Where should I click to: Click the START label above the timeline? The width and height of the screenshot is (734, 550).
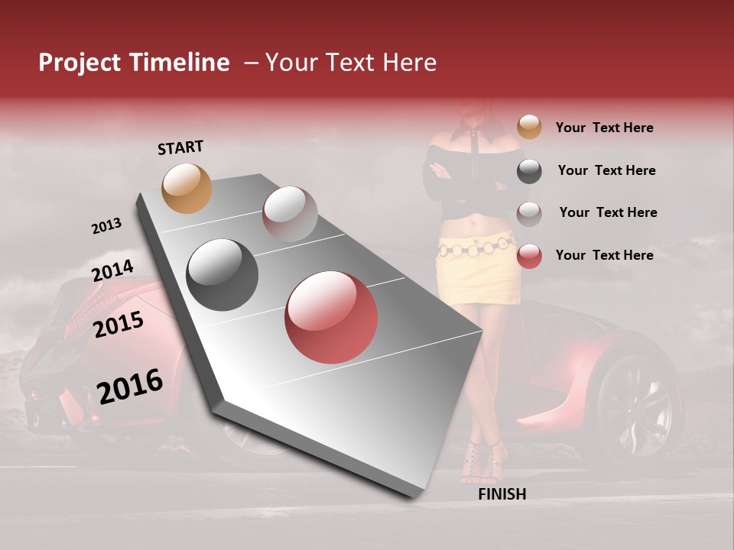(180, 147)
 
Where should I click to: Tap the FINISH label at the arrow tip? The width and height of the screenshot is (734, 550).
(502, 494)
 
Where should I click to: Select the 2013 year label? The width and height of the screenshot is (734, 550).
(106, 226)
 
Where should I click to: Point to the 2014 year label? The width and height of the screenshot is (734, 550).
(113, 271)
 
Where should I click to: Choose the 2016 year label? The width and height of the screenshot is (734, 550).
(130, 386)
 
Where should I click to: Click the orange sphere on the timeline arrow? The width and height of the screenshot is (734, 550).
(187, 188)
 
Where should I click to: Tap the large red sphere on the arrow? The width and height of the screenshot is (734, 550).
(331, 317)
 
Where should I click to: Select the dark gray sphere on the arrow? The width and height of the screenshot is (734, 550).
(222, 275)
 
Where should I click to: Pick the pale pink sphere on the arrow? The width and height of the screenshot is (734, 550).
(290, 214)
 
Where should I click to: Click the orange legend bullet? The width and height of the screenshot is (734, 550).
(529, 128)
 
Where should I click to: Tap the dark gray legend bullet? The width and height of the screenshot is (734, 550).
(529, 171)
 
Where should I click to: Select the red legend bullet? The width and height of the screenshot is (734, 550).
(529, 256)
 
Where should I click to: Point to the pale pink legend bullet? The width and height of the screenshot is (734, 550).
(529, 214)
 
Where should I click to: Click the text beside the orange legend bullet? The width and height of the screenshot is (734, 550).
(604, 128)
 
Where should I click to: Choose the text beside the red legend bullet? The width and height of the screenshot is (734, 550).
(604, 255)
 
